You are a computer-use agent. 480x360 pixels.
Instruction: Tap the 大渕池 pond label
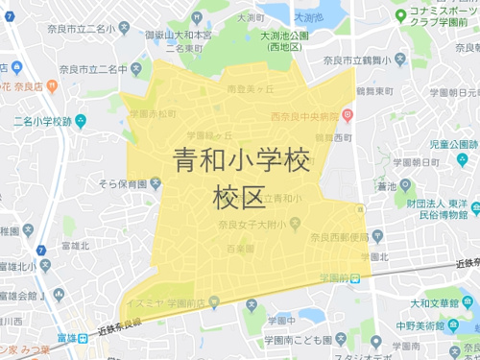click(308, 17)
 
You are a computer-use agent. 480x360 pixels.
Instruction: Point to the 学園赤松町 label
click(152, 113)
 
